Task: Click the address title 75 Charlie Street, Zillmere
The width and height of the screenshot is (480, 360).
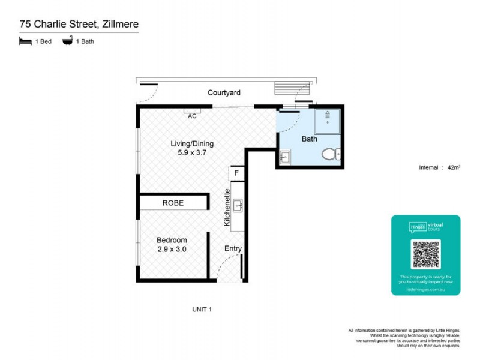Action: point(78,25)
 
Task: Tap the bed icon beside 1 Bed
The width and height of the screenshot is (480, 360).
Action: point(25,41)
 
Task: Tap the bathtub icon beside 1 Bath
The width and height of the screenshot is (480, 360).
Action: point(67,41)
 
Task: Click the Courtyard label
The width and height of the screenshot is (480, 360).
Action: point(224,93)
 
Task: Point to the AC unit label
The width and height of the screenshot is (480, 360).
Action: point(192,116)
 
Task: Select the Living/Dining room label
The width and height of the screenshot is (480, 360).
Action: point(192,144)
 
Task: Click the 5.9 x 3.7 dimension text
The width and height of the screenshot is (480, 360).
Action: point(192,154)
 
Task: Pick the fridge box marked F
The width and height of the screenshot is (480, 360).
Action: point(237,174)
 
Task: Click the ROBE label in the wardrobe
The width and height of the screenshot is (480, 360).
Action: point(173,203)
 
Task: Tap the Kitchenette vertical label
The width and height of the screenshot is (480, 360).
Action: point(227,208)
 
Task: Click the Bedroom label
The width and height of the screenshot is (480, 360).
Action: point(172,240)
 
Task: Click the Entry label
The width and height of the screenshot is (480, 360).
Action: point(232,248)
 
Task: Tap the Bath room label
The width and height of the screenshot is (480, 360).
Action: point(309,139)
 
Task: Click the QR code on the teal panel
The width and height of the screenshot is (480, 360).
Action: point(425,254)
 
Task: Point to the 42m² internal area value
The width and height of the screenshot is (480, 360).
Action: point(454,168)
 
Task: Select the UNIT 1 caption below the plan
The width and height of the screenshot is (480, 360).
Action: point(202,310)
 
